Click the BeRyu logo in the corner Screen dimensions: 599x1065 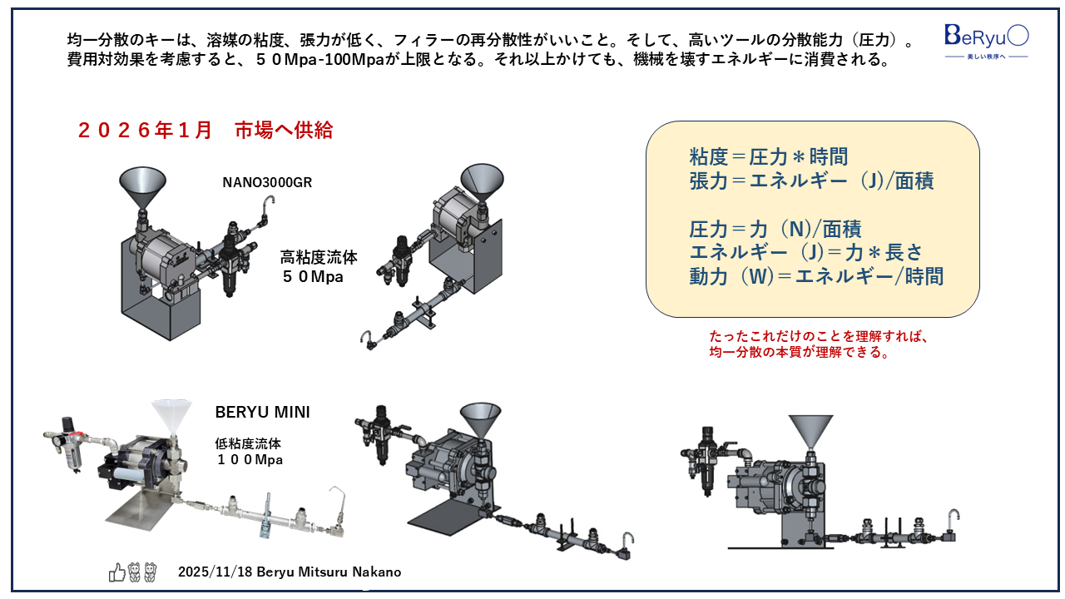click(986, 39)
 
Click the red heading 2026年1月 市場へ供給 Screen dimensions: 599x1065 click(205, 131)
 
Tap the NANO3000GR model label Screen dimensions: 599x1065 click(267, 182)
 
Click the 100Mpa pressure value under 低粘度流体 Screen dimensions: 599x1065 click(250, 459)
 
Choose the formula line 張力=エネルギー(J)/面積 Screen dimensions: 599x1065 click(811, 181)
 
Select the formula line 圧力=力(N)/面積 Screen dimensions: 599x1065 click(775, 229)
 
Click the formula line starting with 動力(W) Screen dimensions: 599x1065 click(816, 277)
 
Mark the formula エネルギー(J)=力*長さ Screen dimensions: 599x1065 click(805, 253)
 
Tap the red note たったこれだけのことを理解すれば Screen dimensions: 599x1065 click(818, 337)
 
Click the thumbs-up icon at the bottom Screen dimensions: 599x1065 click(116, 572)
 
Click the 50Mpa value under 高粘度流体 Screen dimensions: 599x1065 click(312, 276)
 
